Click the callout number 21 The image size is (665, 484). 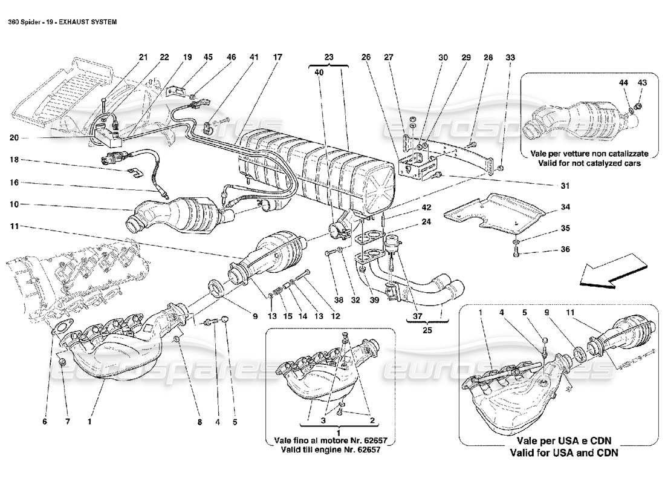pyautogui.click(x=143, y=57)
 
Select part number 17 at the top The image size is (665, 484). pyautogui.click(x=277, y=57)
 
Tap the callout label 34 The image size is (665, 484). pyautogui.click(x=564, y=208)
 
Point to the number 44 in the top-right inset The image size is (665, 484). pyautogui.click(x=623, y=82)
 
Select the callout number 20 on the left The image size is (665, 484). pyautogui.click(x=14, y=137)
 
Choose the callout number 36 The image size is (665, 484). pyautogui.click(x=564, y=249)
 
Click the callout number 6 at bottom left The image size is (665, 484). pyautogui.click(x=44, y=421)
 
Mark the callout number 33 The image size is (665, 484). pyautogui.click(x=511, y=57)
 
